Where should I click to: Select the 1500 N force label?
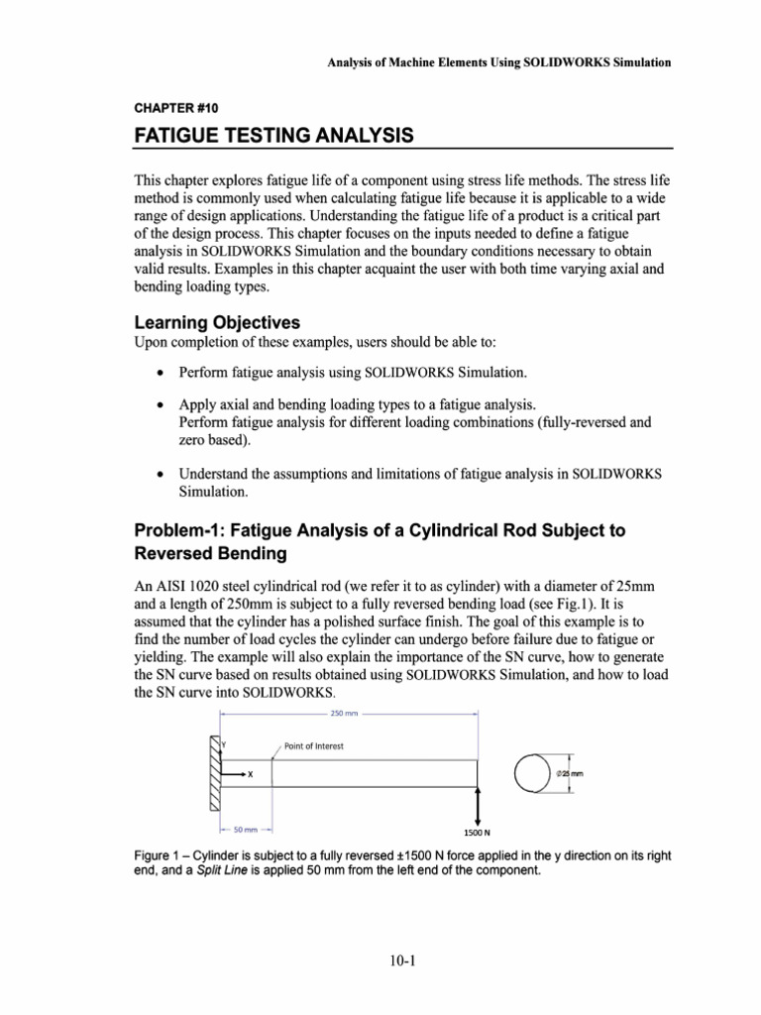(479, 835)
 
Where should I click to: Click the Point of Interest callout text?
(313, 746)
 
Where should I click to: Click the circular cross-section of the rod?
(536, 773)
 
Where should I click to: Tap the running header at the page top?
(499, 61)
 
